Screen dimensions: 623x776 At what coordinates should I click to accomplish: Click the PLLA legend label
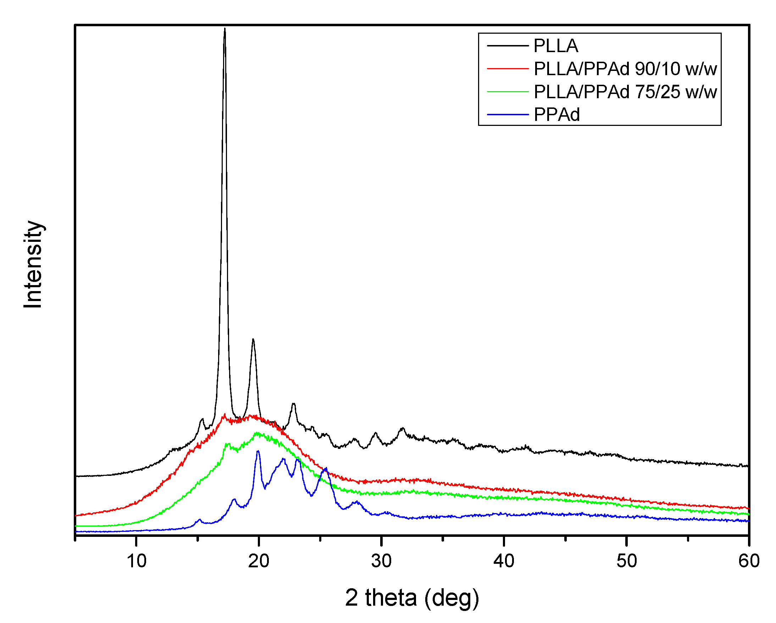(556, 46)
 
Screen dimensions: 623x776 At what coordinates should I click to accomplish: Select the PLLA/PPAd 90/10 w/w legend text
(625, 69)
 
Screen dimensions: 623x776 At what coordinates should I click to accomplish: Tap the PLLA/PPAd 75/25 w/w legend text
(625, 92)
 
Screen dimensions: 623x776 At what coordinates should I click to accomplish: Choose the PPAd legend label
(557, 115)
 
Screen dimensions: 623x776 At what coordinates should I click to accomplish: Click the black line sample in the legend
(508, 46)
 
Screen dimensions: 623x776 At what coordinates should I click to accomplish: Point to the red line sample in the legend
(508, 68)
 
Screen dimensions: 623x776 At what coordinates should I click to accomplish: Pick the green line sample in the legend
(508, 92)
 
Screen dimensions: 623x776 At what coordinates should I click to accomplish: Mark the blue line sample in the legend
(508, 115)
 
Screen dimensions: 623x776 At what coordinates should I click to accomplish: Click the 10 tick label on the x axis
(137, 561)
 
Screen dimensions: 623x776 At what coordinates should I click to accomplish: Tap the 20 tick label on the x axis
(259, 561)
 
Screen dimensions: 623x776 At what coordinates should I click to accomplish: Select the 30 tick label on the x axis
(382, 561)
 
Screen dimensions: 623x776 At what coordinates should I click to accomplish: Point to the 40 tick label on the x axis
(504, 561)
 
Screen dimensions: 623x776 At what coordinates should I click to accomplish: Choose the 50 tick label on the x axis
(627, 561)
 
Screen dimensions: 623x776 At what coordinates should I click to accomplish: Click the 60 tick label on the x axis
(749, 561)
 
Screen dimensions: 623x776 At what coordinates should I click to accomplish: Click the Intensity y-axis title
(33, 265)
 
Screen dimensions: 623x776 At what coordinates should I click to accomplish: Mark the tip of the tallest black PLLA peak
(225, 29)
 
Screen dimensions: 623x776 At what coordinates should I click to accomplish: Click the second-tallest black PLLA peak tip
(253, 339)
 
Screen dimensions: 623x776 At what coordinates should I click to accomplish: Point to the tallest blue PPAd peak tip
(258, 451)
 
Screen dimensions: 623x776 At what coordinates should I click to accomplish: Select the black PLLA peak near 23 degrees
(294, 404)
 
